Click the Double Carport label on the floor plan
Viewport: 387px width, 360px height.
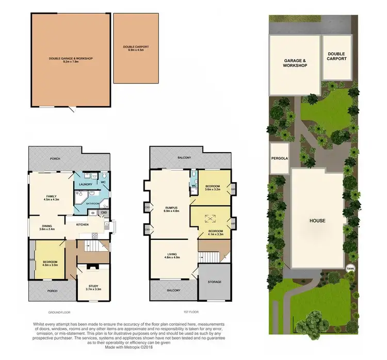[x=136, y=49]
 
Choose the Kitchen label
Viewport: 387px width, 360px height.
[x=83, y=224]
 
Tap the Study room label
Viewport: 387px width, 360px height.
[x=93, y=287]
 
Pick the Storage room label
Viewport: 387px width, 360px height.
[x=215, y=282]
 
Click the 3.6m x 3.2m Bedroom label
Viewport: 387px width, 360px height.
[x=213, y=188]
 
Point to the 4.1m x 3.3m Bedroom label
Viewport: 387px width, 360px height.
[x=216, y=232]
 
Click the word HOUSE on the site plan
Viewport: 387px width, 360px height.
[x=317, y=221]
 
